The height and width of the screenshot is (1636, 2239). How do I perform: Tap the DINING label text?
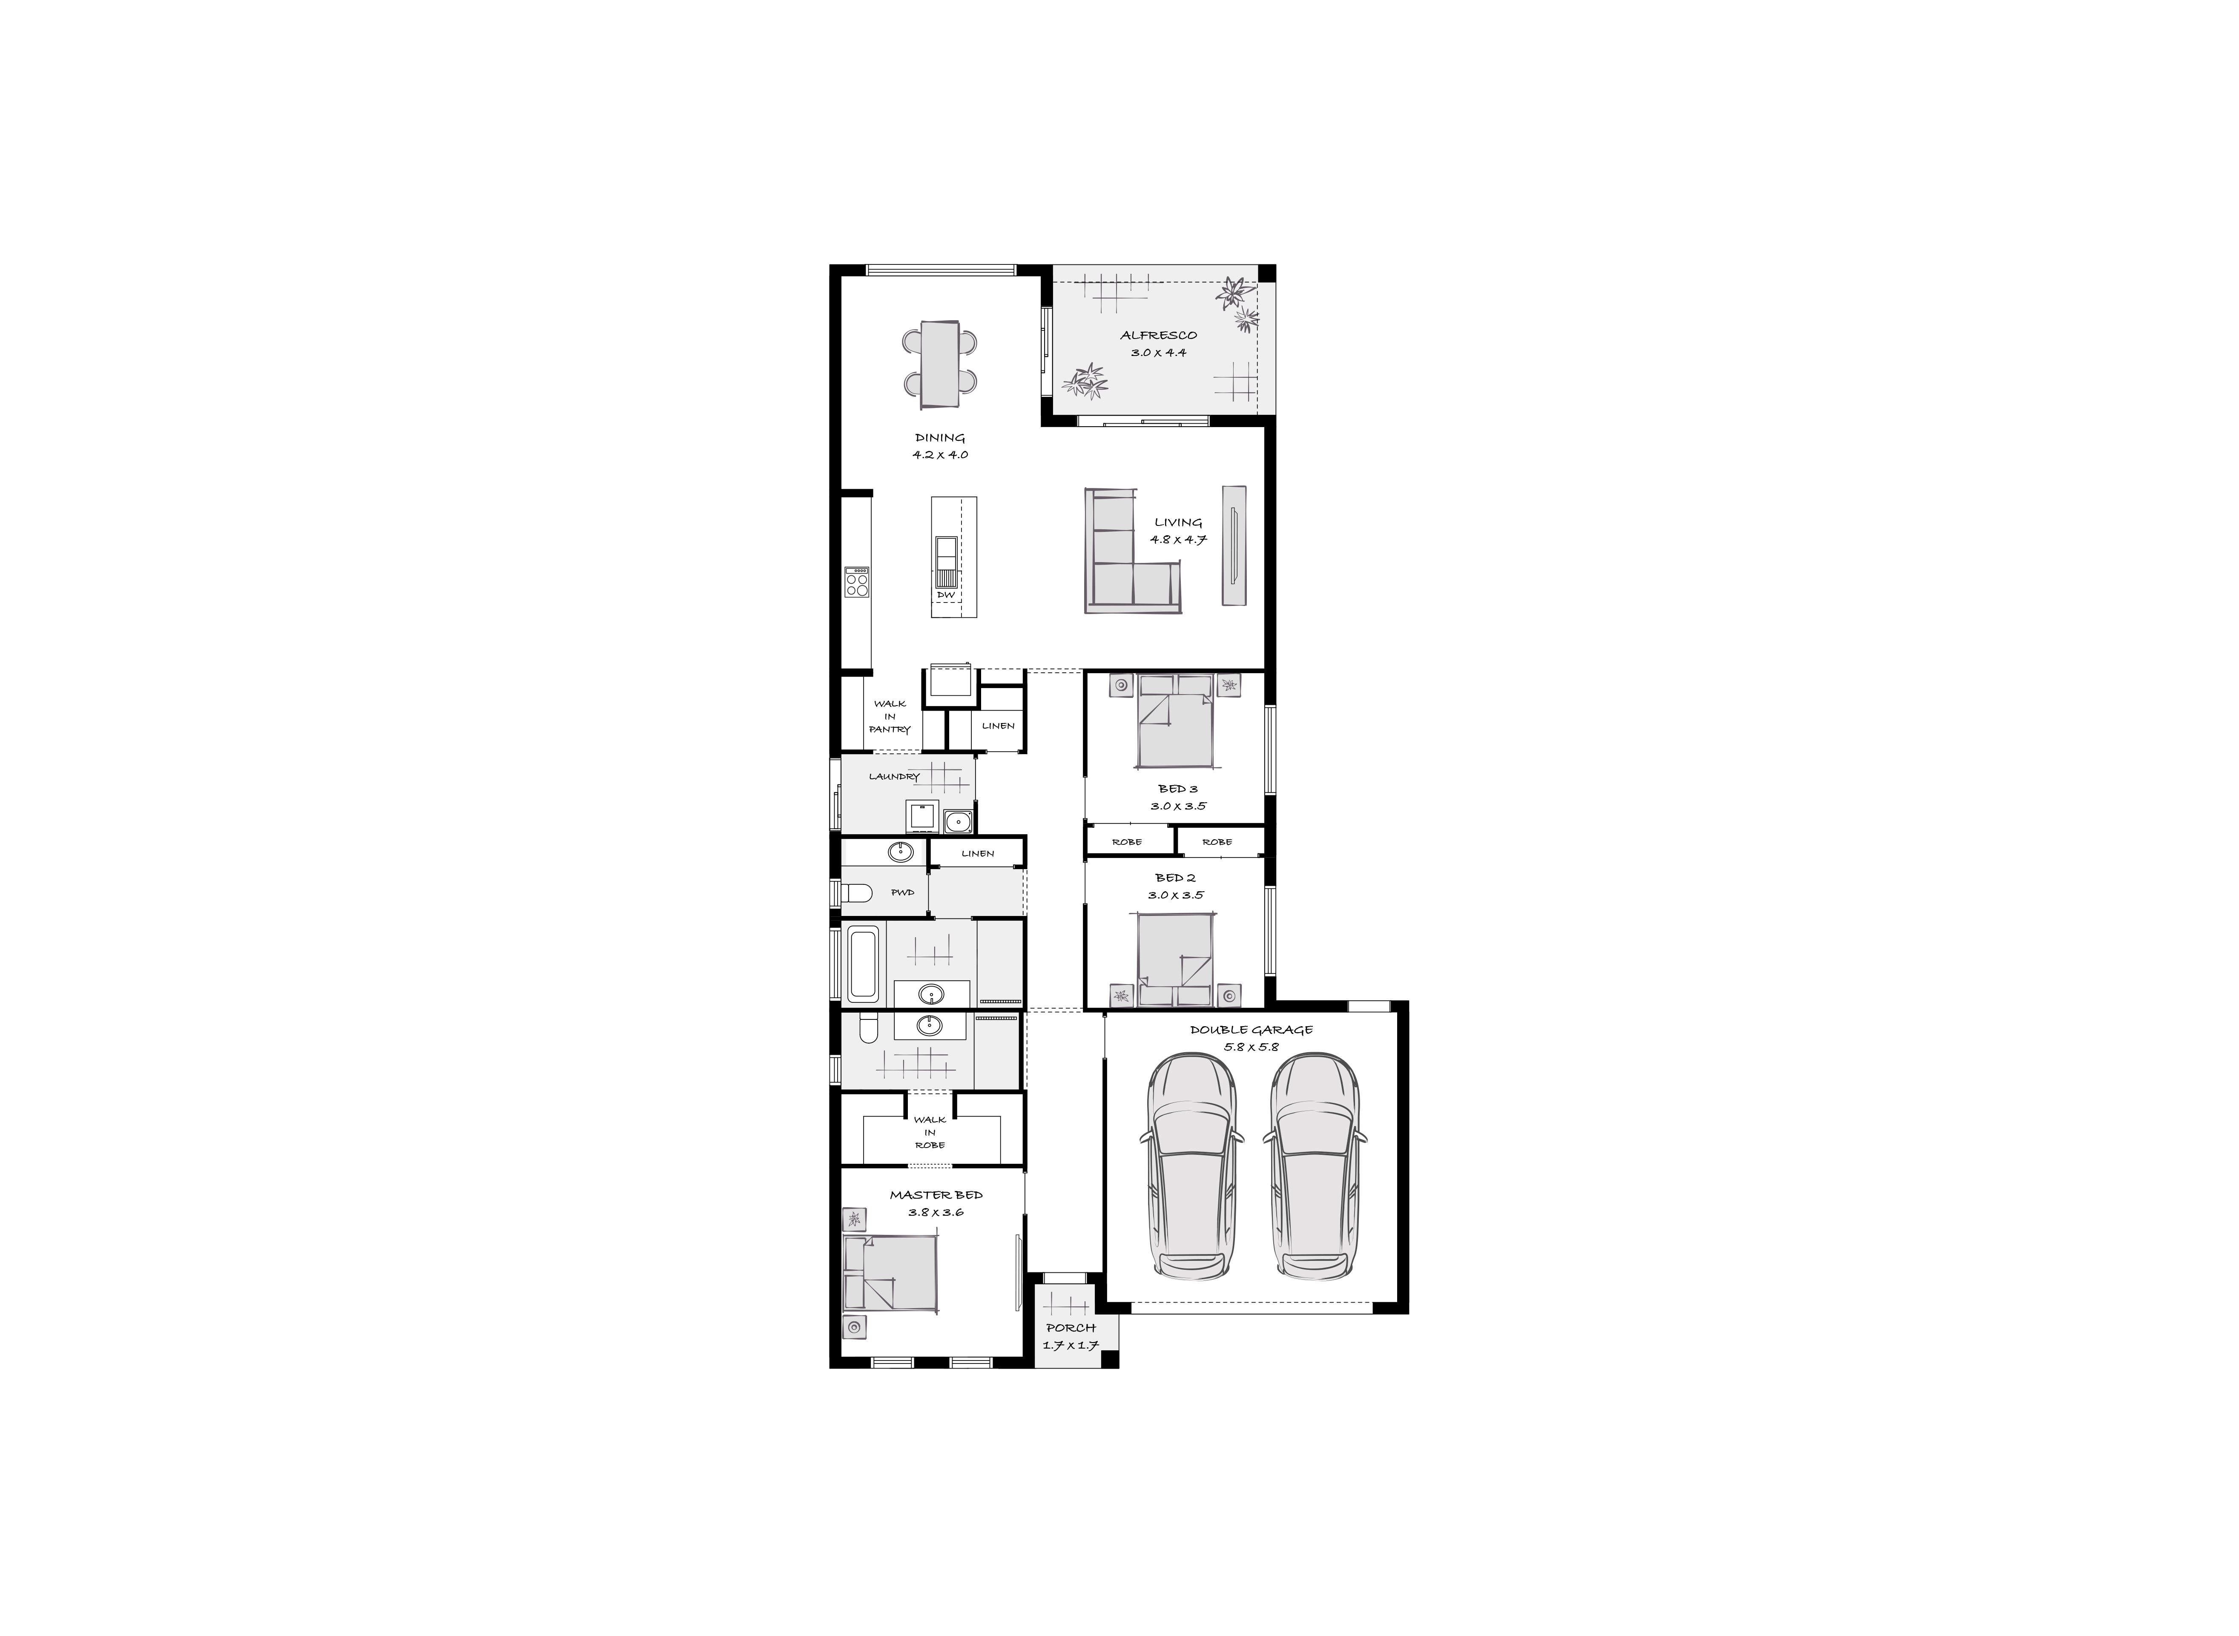click(940, 438)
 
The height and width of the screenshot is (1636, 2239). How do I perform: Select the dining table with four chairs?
click(940, 364)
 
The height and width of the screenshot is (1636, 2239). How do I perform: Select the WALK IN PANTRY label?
click(889, 716)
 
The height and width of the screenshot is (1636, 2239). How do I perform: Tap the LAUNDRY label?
click(894, 776)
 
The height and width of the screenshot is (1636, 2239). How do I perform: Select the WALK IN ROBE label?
click(930, 1132)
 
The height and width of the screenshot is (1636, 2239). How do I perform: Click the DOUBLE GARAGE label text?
click(1252, 1030)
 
